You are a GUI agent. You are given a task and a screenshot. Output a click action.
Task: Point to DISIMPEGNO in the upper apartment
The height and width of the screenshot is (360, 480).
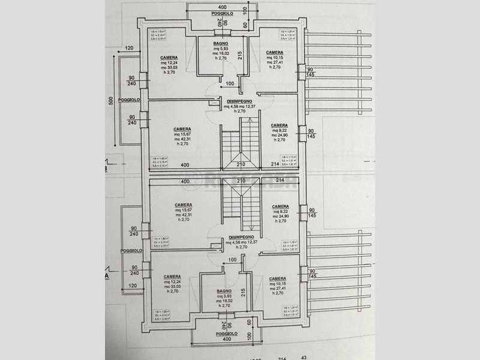pos(239,101)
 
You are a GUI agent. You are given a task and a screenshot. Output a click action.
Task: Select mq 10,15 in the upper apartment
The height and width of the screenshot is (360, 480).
pos(275,58)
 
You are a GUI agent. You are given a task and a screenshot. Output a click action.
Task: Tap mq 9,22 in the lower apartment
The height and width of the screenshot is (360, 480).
pos(280,211)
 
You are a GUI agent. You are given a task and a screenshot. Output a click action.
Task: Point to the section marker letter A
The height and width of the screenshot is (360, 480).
pos(107,277)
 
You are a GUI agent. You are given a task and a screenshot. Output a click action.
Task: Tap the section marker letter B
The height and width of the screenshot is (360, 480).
pos(107,169)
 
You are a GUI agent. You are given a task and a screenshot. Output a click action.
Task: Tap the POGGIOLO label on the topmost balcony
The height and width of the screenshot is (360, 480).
pos(214,13)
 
